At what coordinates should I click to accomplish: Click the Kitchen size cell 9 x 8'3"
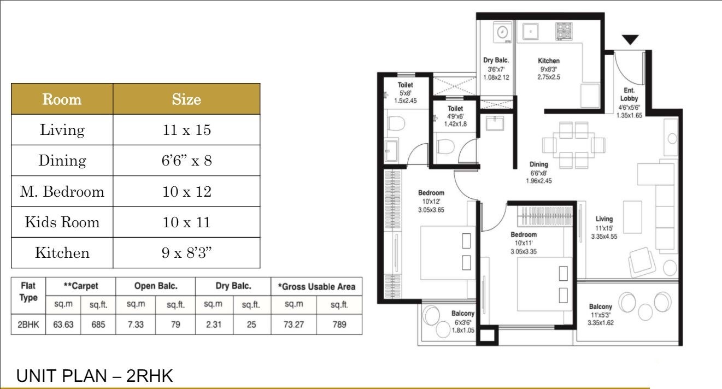click(186, 253)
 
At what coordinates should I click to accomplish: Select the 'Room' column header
click(62, 99)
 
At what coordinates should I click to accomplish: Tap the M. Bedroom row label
click(62, 192)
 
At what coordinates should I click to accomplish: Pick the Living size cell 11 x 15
click(186, 131)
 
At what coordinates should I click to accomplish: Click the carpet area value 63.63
click(63, 325)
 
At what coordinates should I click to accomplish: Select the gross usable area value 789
click(339, 325)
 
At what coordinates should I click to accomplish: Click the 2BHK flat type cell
click(28, 325)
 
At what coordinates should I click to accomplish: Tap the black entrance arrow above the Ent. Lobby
click(630, 40)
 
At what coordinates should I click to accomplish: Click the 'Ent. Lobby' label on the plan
click(629, 95)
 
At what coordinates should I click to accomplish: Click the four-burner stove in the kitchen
click(563, 31)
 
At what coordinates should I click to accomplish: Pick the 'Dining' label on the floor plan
click(538, 164)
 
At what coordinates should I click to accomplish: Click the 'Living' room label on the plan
click(604, 219)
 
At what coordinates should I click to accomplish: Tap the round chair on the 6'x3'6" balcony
click(431, 315)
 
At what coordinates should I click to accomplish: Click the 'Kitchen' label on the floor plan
click(548, 61)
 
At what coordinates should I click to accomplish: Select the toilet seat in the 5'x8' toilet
click(395, 123)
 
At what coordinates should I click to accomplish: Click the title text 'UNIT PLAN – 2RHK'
click(95, 376)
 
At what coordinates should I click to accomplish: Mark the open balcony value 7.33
click(138, 325)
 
